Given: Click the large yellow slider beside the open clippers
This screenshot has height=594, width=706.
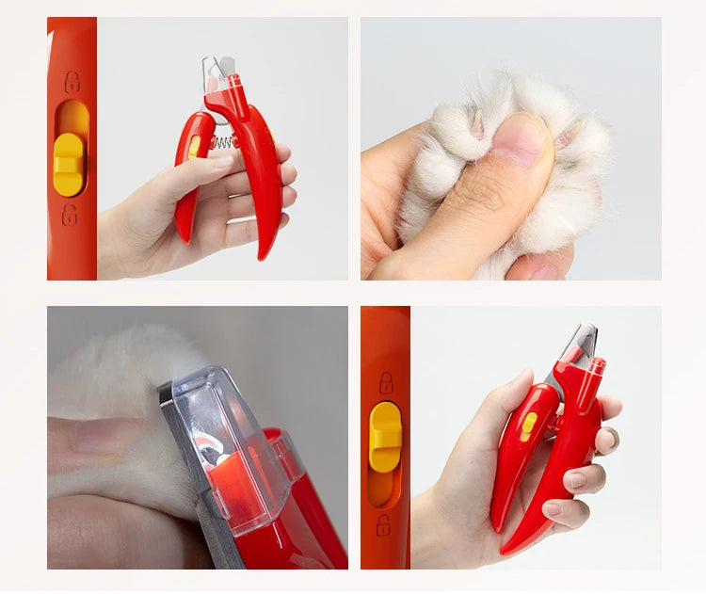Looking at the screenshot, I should [68, 165].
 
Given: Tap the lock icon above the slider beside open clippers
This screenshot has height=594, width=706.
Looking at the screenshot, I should [72, 82].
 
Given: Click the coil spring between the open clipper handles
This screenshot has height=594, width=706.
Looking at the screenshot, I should [222, 141].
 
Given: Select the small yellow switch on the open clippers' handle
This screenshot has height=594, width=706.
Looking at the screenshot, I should [194, 147].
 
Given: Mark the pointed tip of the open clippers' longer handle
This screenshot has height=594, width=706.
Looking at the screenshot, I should [264, 254].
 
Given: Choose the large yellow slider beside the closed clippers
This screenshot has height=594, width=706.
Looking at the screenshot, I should [385, 437].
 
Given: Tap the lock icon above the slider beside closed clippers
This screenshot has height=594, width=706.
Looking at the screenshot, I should [386, 382].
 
